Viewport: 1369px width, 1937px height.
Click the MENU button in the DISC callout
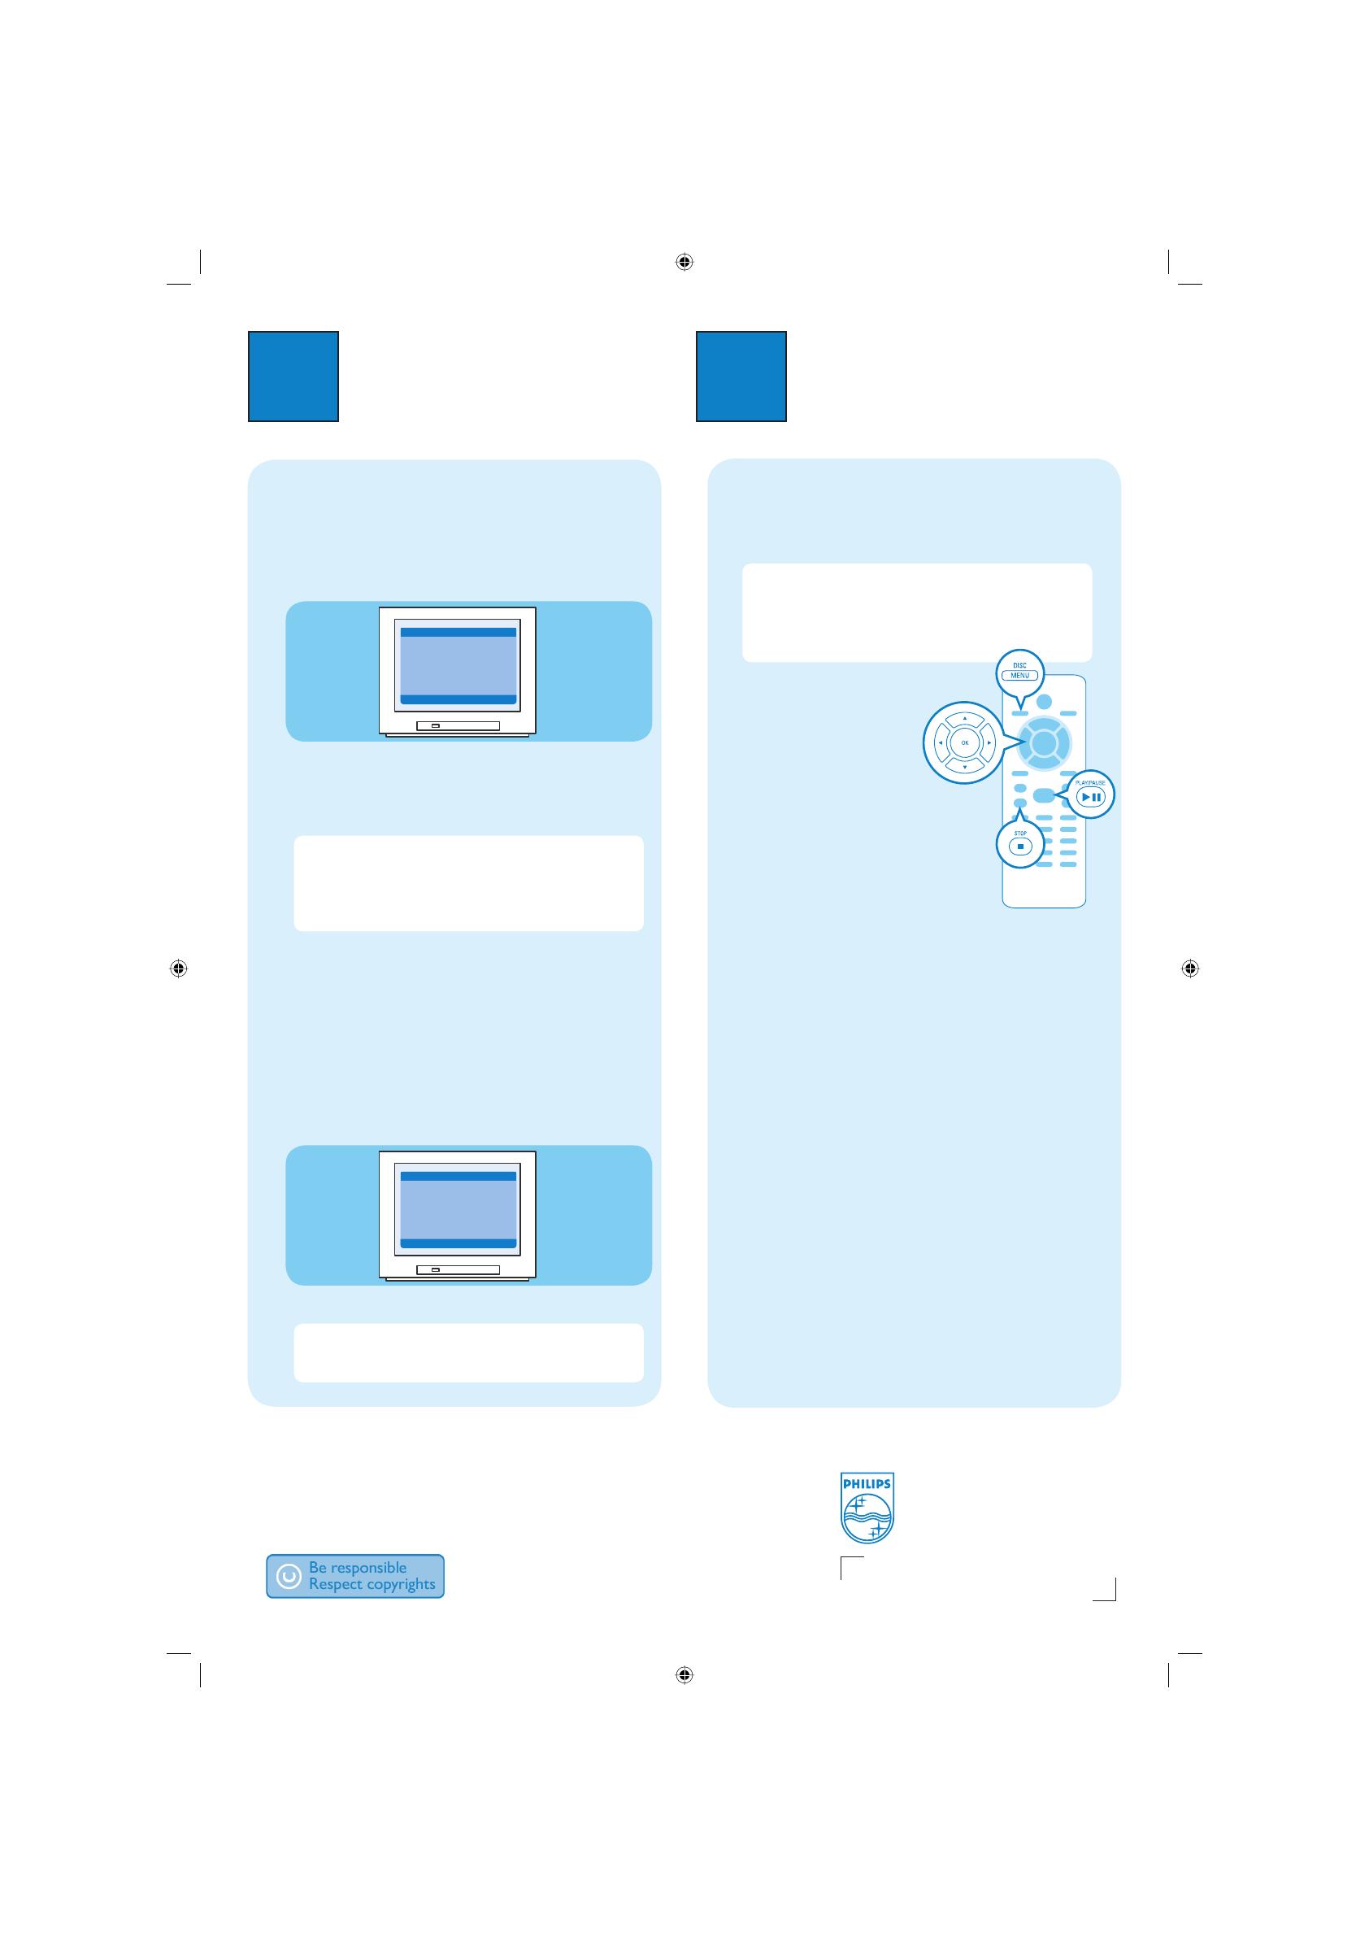tap(1019, 675)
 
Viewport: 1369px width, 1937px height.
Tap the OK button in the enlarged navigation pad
tap(965, 743)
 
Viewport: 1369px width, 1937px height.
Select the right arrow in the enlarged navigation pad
tap(989, 743)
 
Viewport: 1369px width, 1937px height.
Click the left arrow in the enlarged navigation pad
tap(941, 743)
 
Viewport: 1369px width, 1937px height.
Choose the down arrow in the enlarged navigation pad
tap(965, 768)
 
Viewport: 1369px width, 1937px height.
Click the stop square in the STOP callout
tap(1019, 847)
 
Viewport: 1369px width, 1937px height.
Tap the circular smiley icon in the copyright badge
tap(289, 1576)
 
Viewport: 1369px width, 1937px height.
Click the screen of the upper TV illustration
tap(458, 666)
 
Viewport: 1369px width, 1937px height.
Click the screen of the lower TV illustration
tap(458, 1210)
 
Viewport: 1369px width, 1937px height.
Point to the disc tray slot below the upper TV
tap(459, 725)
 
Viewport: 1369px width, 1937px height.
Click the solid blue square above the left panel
tap(293, 377)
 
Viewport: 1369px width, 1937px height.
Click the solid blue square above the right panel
tap(741, 377)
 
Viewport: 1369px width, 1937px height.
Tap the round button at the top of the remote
tap(1045, 701)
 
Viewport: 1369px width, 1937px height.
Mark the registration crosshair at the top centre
tap(684, 262)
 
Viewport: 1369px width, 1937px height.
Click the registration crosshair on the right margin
tap(1189, 968)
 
